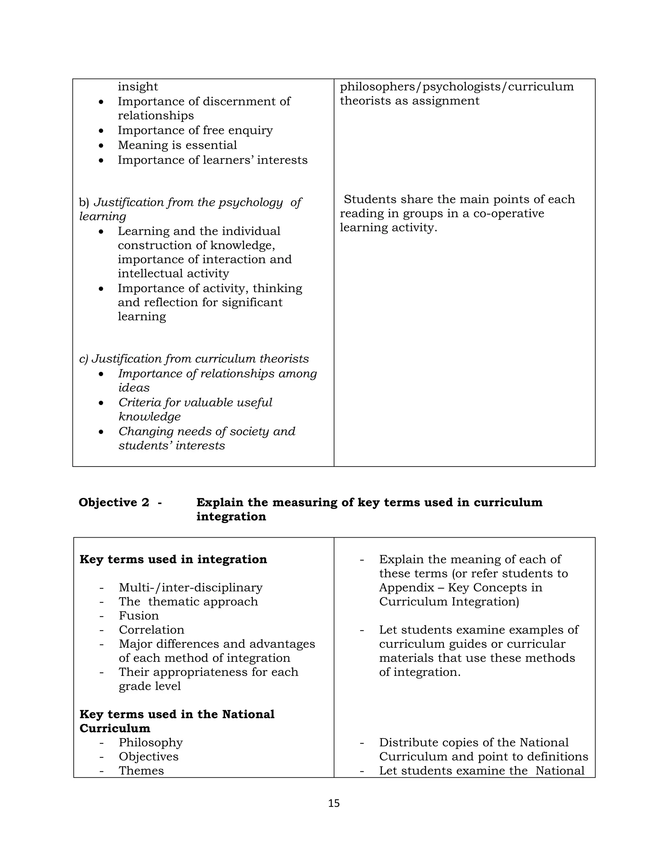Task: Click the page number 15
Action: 334,803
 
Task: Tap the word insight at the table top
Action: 138,86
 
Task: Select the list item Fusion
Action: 139,616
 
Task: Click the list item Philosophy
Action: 150,742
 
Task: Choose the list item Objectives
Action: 148,756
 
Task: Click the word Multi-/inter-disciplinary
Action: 190,588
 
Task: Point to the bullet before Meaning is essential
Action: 102,146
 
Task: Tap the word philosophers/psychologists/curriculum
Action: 457,86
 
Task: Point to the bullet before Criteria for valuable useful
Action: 102,403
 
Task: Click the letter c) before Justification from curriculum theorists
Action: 83,359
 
